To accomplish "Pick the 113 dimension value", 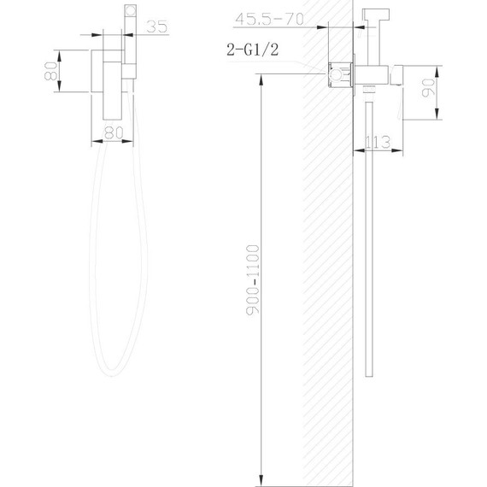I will [x=377, y=143].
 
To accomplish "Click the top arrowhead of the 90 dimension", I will [x=436, y=65].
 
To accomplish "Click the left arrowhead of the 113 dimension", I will [x=357, y=151].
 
